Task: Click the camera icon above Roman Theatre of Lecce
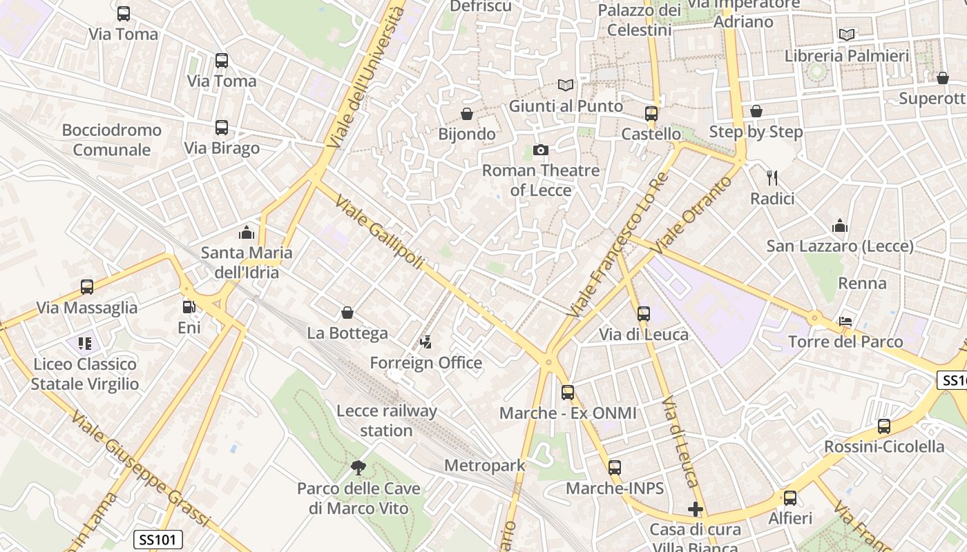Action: click(x=540, y=150)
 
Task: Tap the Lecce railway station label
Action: click(x=386, y=421)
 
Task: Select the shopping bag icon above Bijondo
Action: click(x=467, y=114)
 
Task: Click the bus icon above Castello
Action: click(x=651, y=114)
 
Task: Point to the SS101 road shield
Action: click(x=157, y=540)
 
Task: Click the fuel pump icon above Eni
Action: click(x=189, y=307)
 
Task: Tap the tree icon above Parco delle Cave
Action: click(x=358, y=468)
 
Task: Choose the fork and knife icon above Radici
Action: click(x=772, y=178)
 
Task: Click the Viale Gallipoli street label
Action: click(x=379, y=232)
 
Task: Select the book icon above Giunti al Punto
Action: click(x=566, y=86)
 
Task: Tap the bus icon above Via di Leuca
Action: click(x=644, y=314)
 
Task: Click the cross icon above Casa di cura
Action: click(x=695, y=509)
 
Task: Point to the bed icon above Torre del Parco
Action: click(x=845, y=321)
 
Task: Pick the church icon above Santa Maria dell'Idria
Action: click(x=246, y=233)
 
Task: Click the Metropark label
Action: click(x=485, y=466)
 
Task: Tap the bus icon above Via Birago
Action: click(x=221, y=128)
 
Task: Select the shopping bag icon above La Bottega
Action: click(x=347, y=313)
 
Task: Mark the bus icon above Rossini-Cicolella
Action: click(x=884, y=426)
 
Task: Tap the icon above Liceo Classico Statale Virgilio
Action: click(x=85, y=343)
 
